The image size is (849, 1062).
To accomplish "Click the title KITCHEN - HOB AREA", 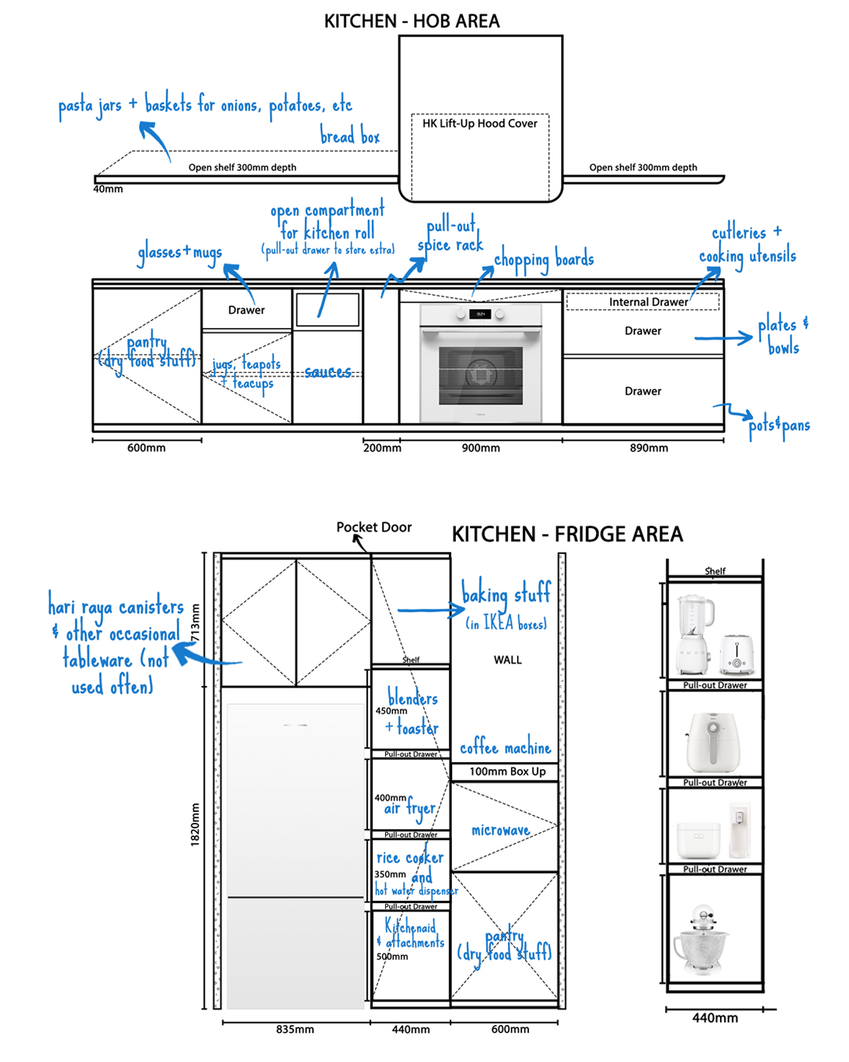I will click(x=411, y=21).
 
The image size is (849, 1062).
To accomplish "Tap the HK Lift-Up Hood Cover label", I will click(x=480, y=124).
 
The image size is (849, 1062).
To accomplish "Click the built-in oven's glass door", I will click(x=480, y=373).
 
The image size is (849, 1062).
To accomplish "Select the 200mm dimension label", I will click(x=382, y=448).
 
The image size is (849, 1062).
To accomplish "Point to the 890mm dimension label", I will click(x=649, y=448).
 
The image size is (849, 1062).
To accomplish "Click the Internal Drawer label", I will click(x=648, y=302).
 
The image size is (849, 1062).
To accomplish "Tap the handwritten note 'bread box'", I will click(x=350, y=137).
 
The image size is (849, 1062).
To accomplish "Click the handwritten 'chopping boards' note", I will click(x=544, y=260).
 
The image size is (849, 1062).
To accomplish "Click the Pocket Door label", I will click(x=374, y=527).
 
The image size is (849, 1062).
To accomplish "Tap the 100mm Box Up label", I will click(x=507, y=772).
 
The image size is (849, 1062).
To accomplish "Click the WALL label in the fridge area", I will click(x=508, y=660).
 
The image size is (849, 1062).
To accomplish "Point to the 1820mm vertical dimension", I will click(x=195, y=824).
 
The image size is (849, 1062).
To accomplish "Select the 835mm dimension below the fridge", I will click(x=295, y=1029).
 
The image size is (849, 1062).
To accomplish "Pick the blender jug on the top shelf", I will click(x=695, y=625).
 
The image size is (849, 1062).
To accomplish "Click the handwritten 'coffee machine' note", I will click(x=505, y=747).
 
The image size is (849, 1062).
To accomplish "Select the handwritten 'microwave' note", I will click(x=501, y=830).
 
